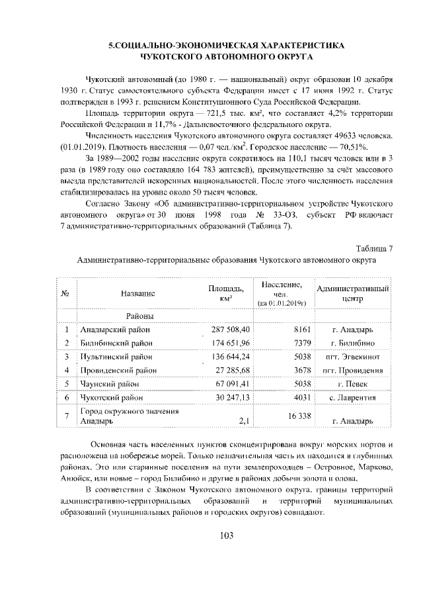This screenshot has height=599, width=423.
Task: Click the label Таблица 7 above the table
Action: (375, 248)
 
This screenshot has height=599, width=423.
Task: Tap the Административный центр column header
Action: (352, 294)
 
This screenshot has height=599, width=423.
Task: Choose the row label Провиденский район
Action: (118, 370)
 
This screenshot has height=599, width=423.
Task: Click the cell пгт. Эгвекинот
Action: (352, 357)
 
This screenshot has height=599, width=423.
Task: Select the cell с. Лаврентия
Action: (352, 398)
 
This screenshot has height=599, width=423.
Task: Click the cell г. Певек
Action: (352, 384)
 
